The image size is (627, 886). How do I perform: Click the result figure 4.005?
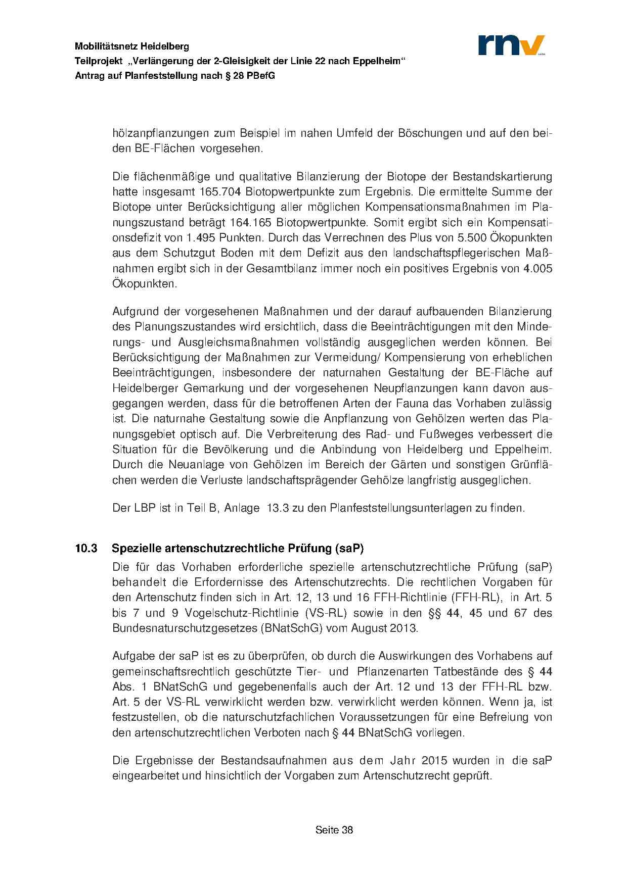pyautogui.click(x=538, y=268)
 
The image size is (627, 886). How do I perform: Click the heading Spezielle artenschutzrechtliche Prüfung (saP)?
pyautogui.click(x=238, y=548)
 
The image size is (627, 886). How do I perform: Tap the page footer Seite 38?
pyautogui.click(x=334, y=829)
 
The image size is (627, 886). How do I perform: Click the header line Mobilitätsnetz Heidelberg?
pyautogui.click(x=132, y=46)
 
